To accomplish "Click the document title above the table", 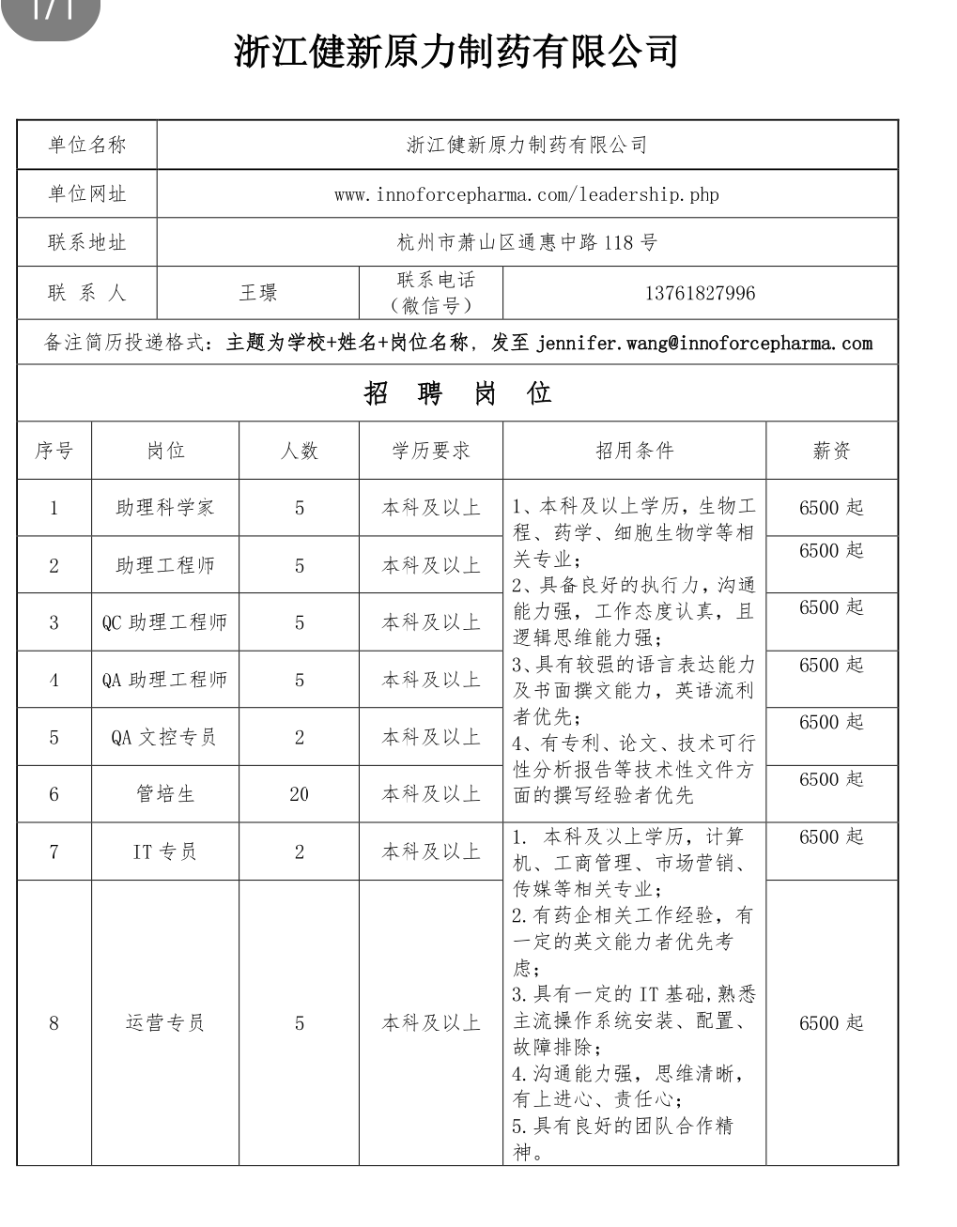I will point(455,52).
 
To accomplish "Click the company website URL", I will point(526,194).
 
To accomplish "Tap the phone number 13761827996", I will point(700,293).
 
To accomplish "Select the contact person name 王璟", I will point(257,293).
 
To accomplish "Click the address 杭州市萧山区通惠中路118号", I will point(526,243).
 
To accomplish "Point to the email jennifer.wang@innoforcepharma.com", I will point(704,343).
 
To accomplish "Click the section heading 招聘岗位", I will point(457,393).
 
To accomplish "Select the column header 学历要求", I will point(430,451).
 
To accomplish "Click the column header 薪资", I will point(831,451).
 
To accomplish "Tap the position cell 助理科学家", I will point(165,508).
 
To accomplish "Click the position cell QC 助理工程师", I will point(165,622).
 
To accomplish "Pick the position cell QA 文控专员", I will point(165,737).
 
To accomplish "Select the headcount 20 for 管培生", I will point(299,794).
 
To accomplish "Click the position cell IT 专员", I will point(165,851).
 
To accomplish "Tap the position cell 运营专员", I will point(165,1022).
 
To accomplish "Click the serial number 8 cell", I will point(54,1022).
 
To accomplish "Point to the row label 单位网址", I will point(86,194).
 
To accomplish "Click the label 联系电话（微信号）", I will point(430,292).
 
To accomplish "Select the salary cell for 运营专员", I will point(831,1022).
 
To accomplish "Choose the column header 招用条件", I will point(635,451).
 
